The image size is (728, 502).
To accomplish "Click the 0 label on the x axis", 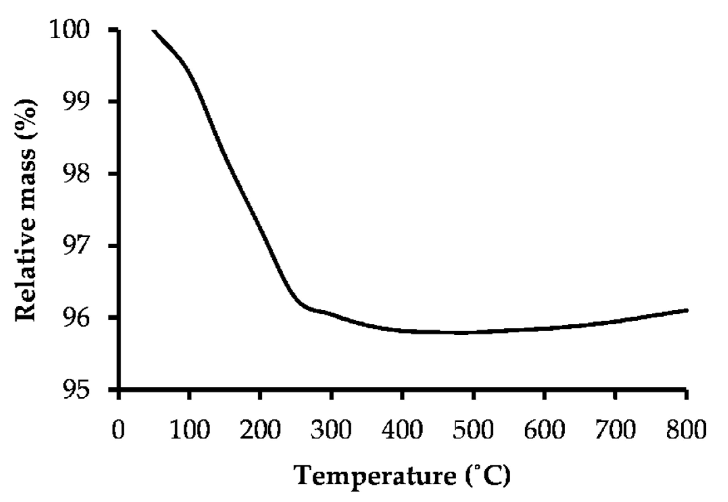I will click(118, 430).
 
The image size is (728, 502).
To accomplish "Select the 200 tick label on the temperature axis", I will click(260, 430).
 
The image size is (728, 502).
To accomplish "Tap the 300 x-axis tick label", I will click(331, 430).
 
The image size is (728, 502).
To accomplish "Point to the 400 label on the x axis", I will click(402, 430).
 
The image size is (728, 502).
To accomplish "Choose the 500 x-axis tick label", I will click(472, 430).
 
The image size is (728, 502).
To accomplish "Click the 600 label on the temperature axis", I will click(544, 430).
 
